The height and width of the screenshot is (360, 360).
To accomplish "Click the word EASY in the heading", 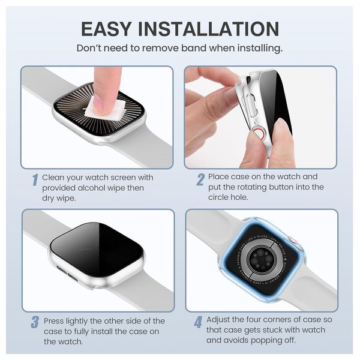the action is coord(106,29).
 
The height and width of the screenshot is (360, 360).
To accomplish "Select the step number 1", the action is coord(35,180).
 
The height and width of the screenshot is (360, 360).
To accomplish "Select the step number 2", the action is coord(200,179).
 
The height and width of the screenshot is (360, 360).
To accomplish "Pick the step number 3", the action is coord(35,322).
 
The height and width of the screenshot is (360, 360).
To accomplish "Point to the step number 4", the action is coord(198,322).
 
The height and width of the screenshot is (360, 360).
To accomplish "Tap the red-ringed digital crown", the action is coord(259,134).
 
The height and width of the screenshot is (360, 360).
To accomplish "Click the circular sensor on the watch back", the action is coord(261,259).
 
